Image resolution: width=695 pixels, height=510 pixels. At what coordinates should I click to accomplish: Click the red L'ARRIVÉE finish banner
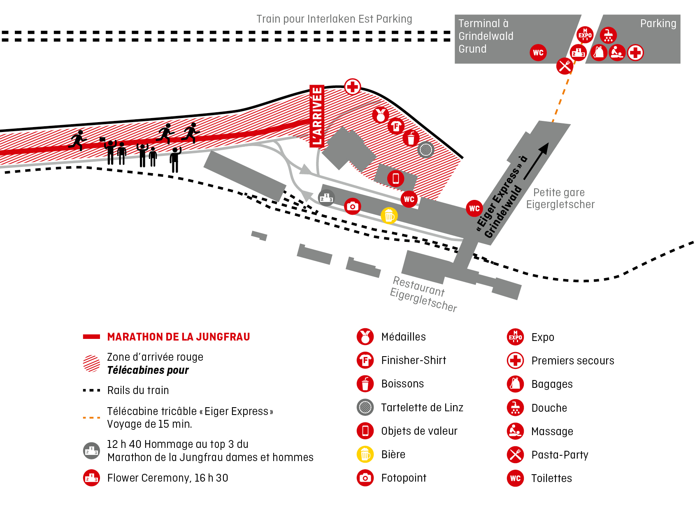(317, 116)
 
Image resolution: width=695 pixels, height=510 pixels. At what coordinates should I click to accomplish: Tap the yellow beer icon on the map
(389, 216)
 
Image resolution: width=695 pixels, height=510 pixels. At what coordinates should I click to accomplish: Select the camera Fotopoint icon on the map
(352, 206)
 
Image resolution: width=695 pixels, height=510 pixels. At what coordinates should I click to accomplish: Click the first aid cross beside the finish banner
(352, 87)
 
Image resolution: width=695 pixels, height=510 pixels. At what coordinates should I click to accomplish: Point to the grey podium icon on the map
(326, 198)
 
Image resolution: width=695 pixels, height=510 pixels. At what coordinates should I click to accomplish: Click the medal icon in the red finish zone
(381, 115)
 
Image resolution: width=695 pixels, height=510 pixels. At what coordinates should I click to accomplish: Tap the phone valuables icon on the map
(395, 178)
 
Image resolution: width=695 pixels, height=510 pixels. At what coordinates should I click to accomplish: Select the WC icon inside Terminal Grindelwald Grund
(538, 53)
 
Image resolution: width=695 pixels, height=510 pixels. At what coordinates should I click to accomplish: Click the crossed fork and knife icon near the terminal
(565, 66)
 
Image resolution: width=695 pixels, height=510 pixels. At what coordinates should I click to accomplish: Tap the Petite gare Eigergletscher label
(560, 198)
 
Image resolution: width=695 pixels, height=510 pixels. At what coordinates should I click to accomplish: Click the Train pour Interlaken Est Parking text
(334, 19)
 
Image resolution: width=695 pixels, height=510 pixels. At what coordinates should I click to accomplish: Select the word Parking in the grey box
(658, 23)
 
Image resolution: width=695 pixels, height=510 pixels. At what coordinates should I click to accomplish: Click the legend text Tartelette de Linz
(422, 408)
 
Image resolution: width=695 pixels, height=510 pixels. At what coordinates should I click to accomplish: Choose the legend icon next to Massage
(515, 431)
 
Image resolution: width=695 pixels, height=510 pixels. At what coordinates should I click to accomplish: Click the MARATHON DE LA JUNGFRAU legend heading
(178, 337)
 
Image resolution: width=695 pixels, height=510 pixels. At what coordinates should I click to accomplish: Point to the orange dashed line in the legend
(91, 417)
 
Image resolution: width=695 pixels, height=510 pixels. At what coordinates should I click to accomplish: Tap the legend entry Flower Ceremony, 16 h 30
(167, 478)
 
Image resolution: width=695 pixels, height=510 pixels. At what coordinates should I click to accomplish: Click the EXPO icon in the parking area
(585, 35)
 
